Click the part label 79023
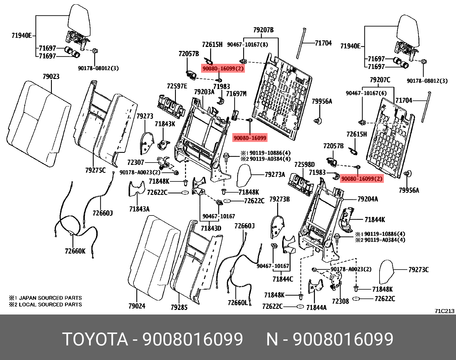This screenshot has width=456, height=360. point(51,76)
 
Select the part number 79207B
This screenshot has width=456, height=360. point(263,30)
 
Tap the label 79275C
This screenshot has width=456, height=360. point(95,170)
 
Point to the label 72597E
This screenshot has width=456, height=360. point(177,86)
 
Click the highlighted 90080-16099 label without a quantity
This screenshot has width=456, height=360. point(250,138)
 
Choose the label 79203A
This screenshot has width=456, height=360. point(204,92)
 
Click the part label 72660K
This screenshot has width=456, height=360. point(75,251)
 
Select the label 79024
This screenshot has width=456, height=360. point(137,306)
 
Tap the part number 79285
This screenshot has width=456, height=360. point(179,307)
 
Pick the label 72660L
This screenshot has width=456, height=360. point(237,302)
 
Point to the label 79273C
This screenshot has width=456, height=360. point(418,270)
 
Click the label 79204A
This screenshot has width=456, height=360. point(367,199)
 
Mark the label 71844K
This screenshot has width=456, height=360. point(375,219)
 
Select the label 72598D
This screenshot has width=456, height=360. point(304,165)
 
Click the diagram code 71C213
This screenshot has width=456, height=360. point(445,311)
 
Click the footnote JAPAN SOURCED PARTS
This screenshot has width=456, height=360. point(50,298)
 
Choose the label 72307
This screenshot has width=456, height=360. point(135,162)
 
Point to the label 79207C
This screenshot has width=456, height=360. point(380,80)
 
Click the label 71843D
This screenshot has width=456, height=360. point(211,228)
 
